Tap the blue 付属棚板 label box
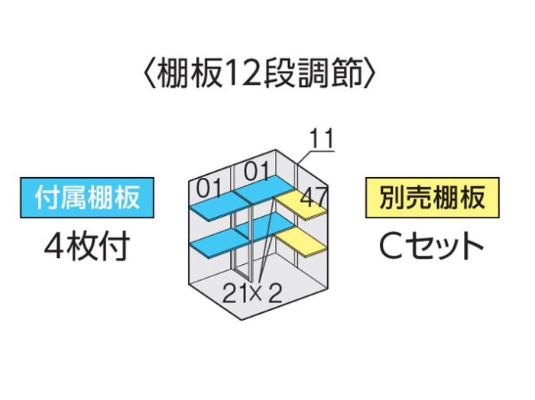tap(87, 198)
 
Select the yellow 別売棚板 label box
tap(433, 198)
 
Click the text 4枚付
tap(87, 246)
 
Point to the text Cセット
tap(431, 246)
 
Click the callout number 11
tap(321, 139)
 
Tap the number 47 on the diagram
tap(313, 197)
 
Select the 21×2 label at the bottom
tap(252, 293)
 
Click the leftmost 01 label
tap(209, 188)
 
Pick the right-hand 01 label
tap(257, 170)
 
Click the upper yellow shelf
tap(301, 205)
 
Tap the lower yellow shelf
tap(300, 242)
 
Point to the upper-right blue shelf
tap(264, 189)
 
